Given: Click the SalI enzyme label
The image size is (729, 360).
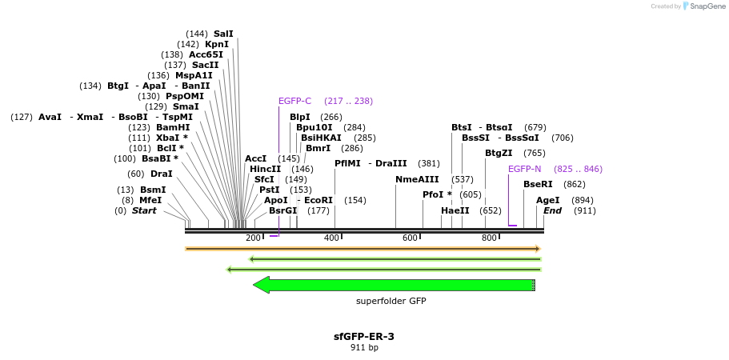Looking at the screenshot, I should tap(223, 34).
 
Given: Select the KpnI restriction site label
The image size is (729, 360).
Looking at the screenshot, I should tap(216, 44).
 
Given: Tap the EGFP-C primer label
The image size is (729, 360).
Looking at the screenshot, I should tap(294, 101).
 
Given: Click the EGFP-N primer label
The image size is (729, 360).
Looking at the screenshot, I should tap(524, 169).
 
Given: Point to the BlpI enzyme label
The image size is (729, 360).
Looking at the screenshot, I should tap(299, 117).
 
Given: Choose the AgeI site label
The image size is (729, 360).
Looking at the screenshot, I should tap(547, 200).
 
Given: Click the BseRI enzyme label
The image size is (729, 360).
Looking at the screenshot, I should tap(538, 184).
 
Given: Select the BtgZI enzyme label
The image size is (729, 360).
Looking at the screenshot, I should tap(499, 153).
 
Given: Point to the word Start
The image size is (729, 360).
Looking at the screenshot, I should tap(144, 210).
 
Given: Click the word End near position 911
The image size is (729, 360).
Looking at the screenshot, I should tap(552, 210).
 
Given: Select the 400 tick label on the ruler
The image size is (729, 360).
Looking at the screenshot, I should tap(331, 238).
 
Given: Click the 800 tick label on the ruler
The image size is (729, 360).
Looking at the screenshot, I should tap(489, 238).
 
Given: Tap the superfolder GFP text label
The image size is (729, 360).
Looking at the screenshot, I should tap(391, 301).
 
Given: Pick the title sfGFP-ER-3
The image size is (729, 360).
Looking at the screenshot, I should tap(363, 336).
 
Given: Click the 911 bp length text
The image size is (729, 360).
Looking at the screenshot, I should tap(364, 348).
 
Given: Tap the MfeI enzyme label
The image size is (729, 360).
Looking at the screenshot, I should tap(150, 200).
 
